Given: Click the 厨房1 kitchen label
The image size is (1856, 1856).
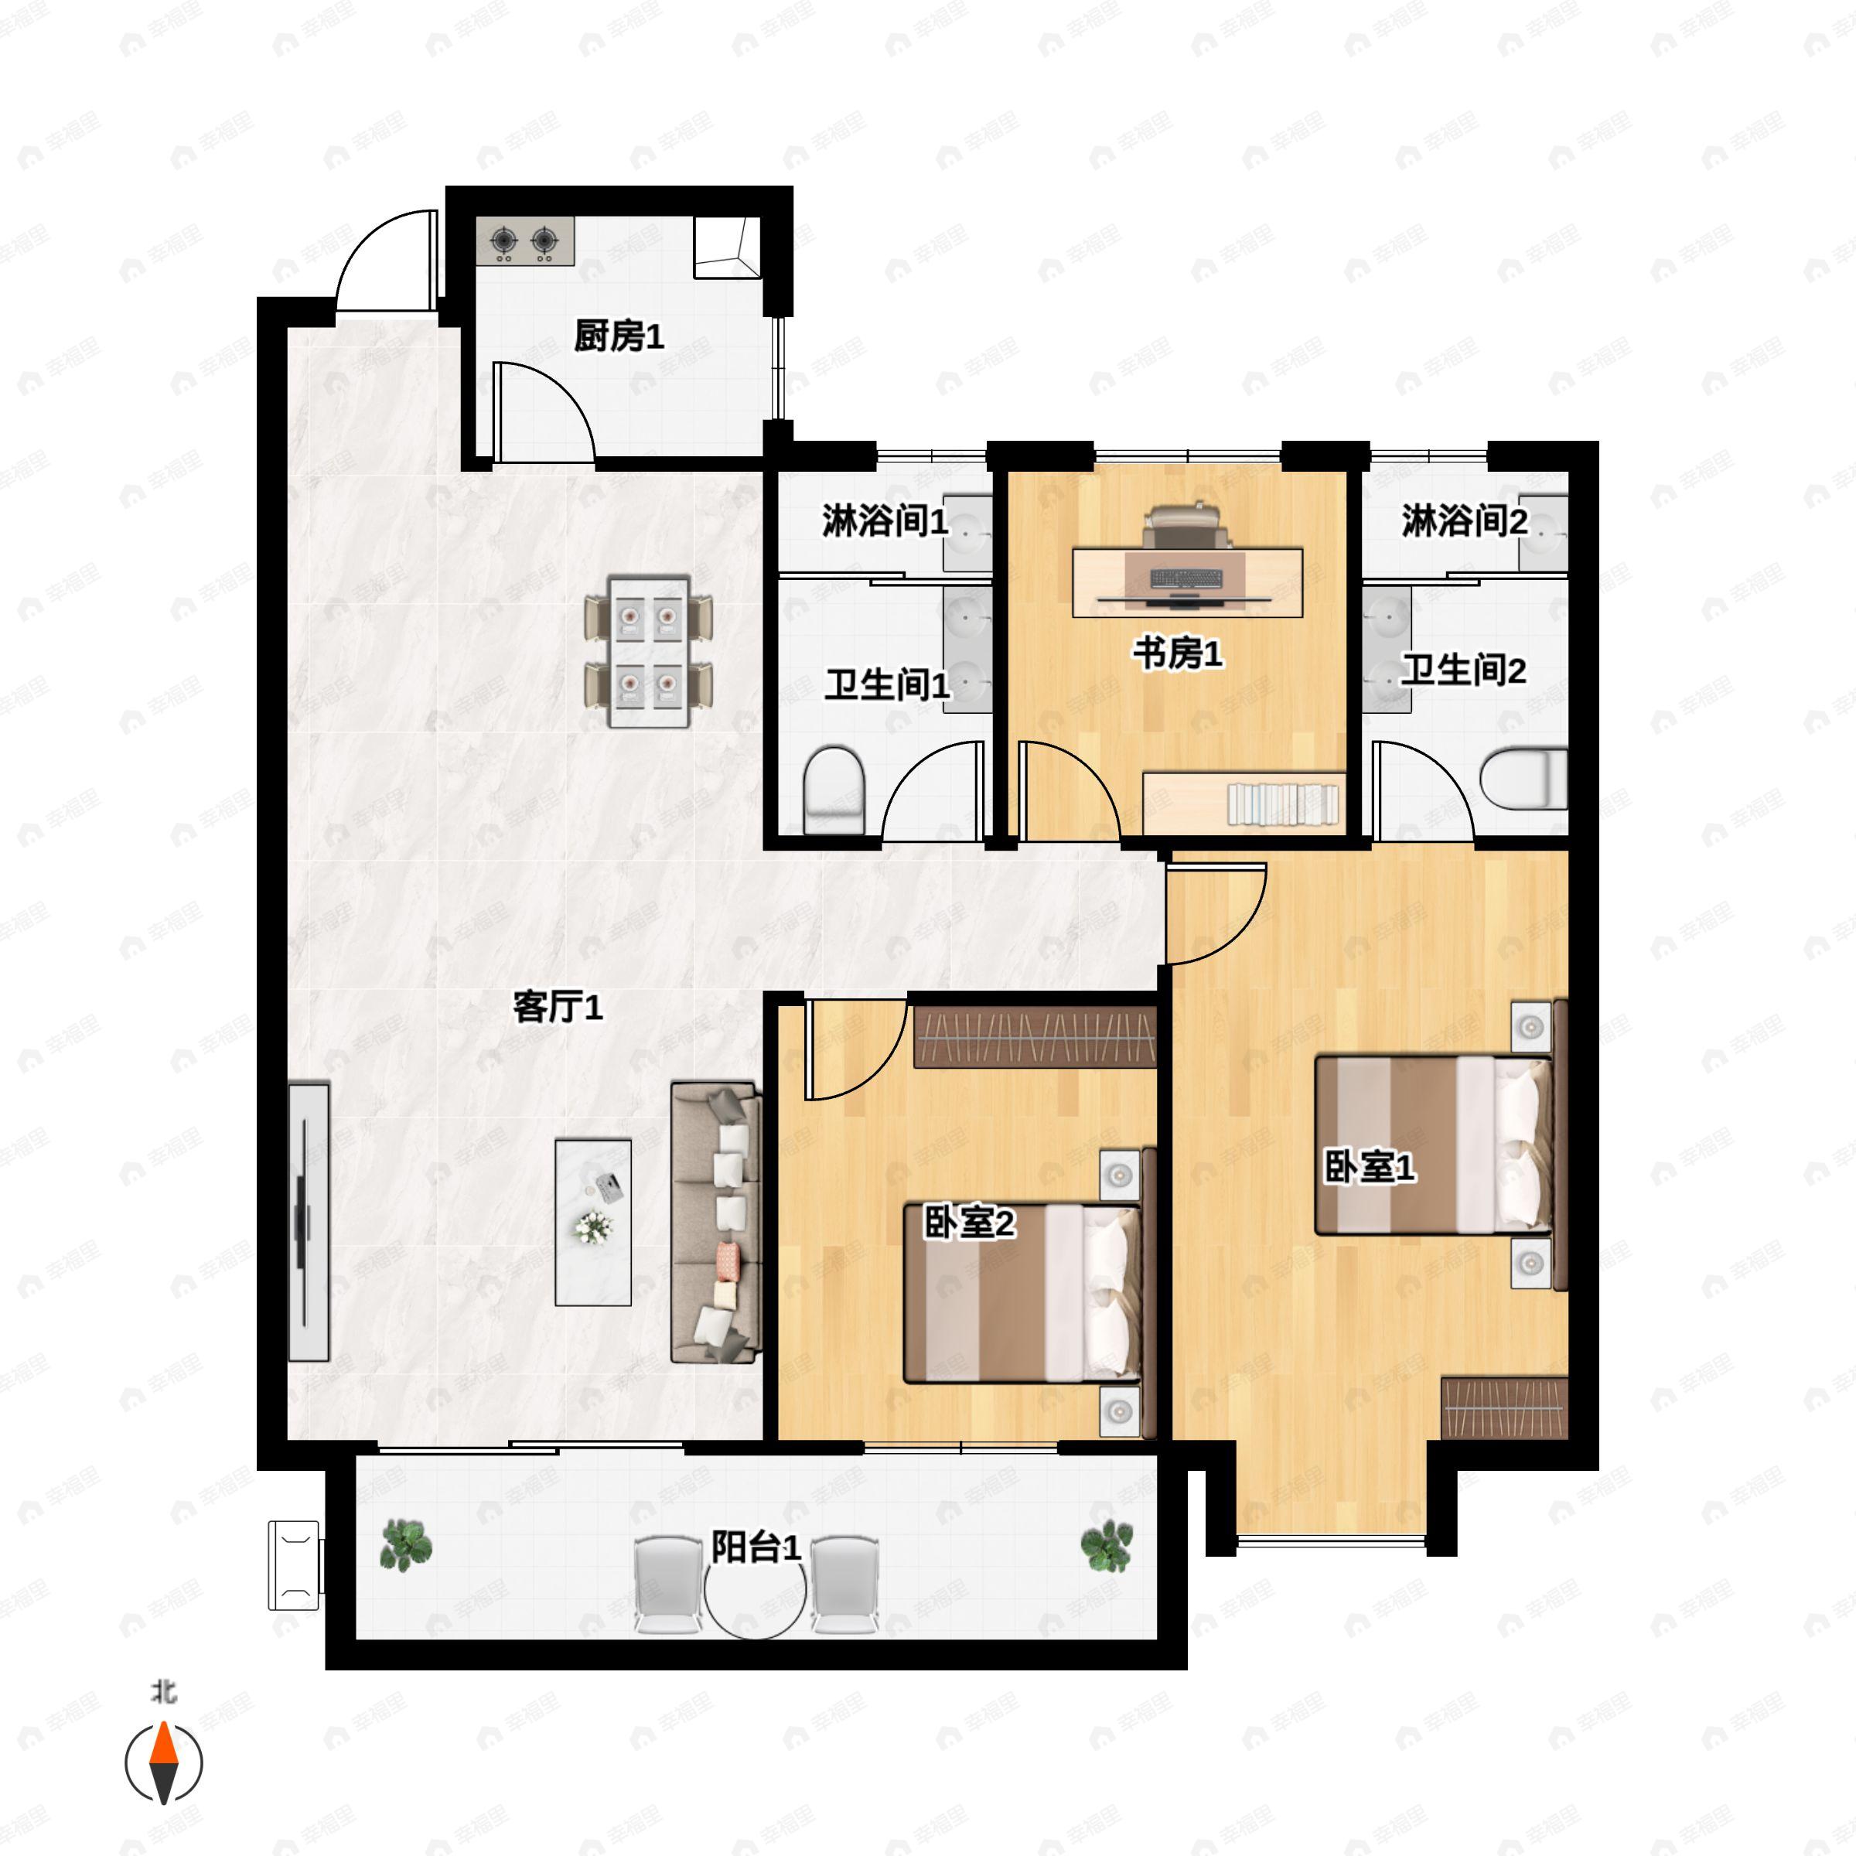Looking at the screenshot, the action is tap(619, 337).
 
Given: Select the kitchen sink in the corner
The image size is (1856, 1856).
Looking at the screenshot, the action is tap(727, 247).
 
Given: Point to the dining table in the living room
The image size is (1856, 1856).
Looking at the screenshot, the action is tap(649, 651).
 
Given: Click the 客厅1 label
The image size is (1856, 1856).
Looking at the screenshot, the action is tap(557, 1007).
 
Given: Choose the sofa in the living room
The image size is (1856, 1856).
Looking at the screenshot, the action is tap(715, 1222).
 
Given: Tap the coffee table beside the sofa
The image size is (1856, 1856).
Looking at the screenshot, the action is tap(592, 1222).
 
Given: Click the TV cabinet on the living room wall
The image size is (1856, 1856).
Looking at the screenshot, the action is tap(309, 1222).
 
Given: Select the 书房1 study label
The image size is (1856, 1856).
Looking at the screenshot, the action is tap(1177, 654).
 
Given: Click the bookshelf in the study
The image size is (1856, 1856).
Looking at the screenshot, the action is tap(1244, 802).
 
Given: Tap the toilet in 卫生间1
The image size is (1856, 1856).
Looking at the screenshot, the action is tap(834, 790).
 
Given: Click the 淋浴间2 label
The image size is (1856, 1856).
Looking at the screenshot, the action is tap(1464, 522).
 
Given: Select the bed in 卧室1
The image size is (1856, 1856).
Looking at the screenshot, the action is tap(1433, 1145).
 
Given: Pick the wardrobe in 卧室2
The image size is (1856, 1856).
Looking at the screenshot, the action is tap(1035, 1036).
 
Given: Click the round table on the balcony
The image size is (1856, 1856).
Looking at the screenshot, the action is tap(755, 1592).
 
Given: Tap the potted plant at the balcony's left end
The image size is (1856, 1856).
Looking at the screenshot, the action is tap(406, 1545).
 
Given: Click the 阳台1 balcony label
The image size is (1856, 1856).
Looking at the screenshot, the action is tap(756, 1547).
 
